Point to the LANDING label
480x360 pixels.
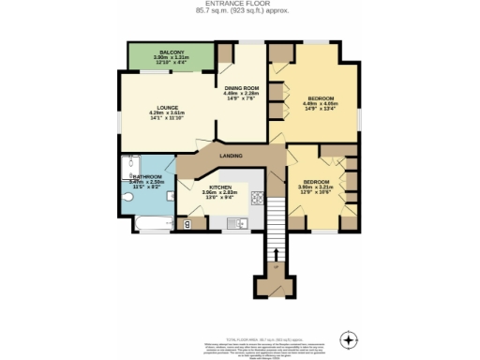pyautogui.click(x=231, y=155)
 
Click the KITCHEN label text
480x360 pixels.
pyautogui.click(x=219, y=187)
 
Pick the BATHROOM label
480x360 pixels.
pyautogui.click(x=148, y=176)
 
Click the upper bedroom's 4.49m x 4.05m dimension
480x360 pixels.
pyautogui.click(x=321, y=104)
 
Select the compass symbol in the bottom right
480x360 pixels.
pyautogui.click(x=350, y=338)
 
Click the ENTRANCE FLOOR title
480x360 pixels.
pyautogui.click(x=239, y=5)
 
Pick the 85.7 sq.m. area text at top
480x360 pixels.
pyautogui.click(x=239, y=11)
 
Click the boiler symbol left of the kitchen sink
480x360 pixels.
pyautogui.click(x=188, y=223)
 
